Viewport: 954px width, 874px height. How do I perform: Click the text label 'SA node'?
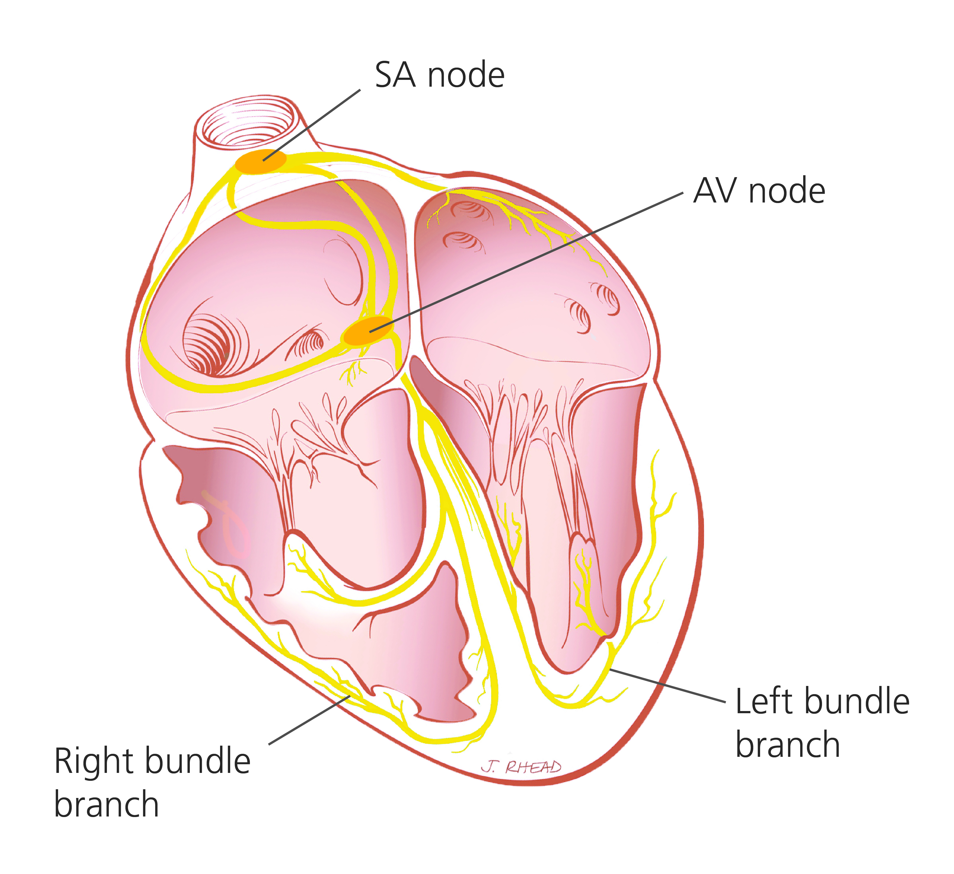440,75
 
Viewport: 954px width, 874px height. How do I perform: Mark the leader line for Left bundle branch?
667,686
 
